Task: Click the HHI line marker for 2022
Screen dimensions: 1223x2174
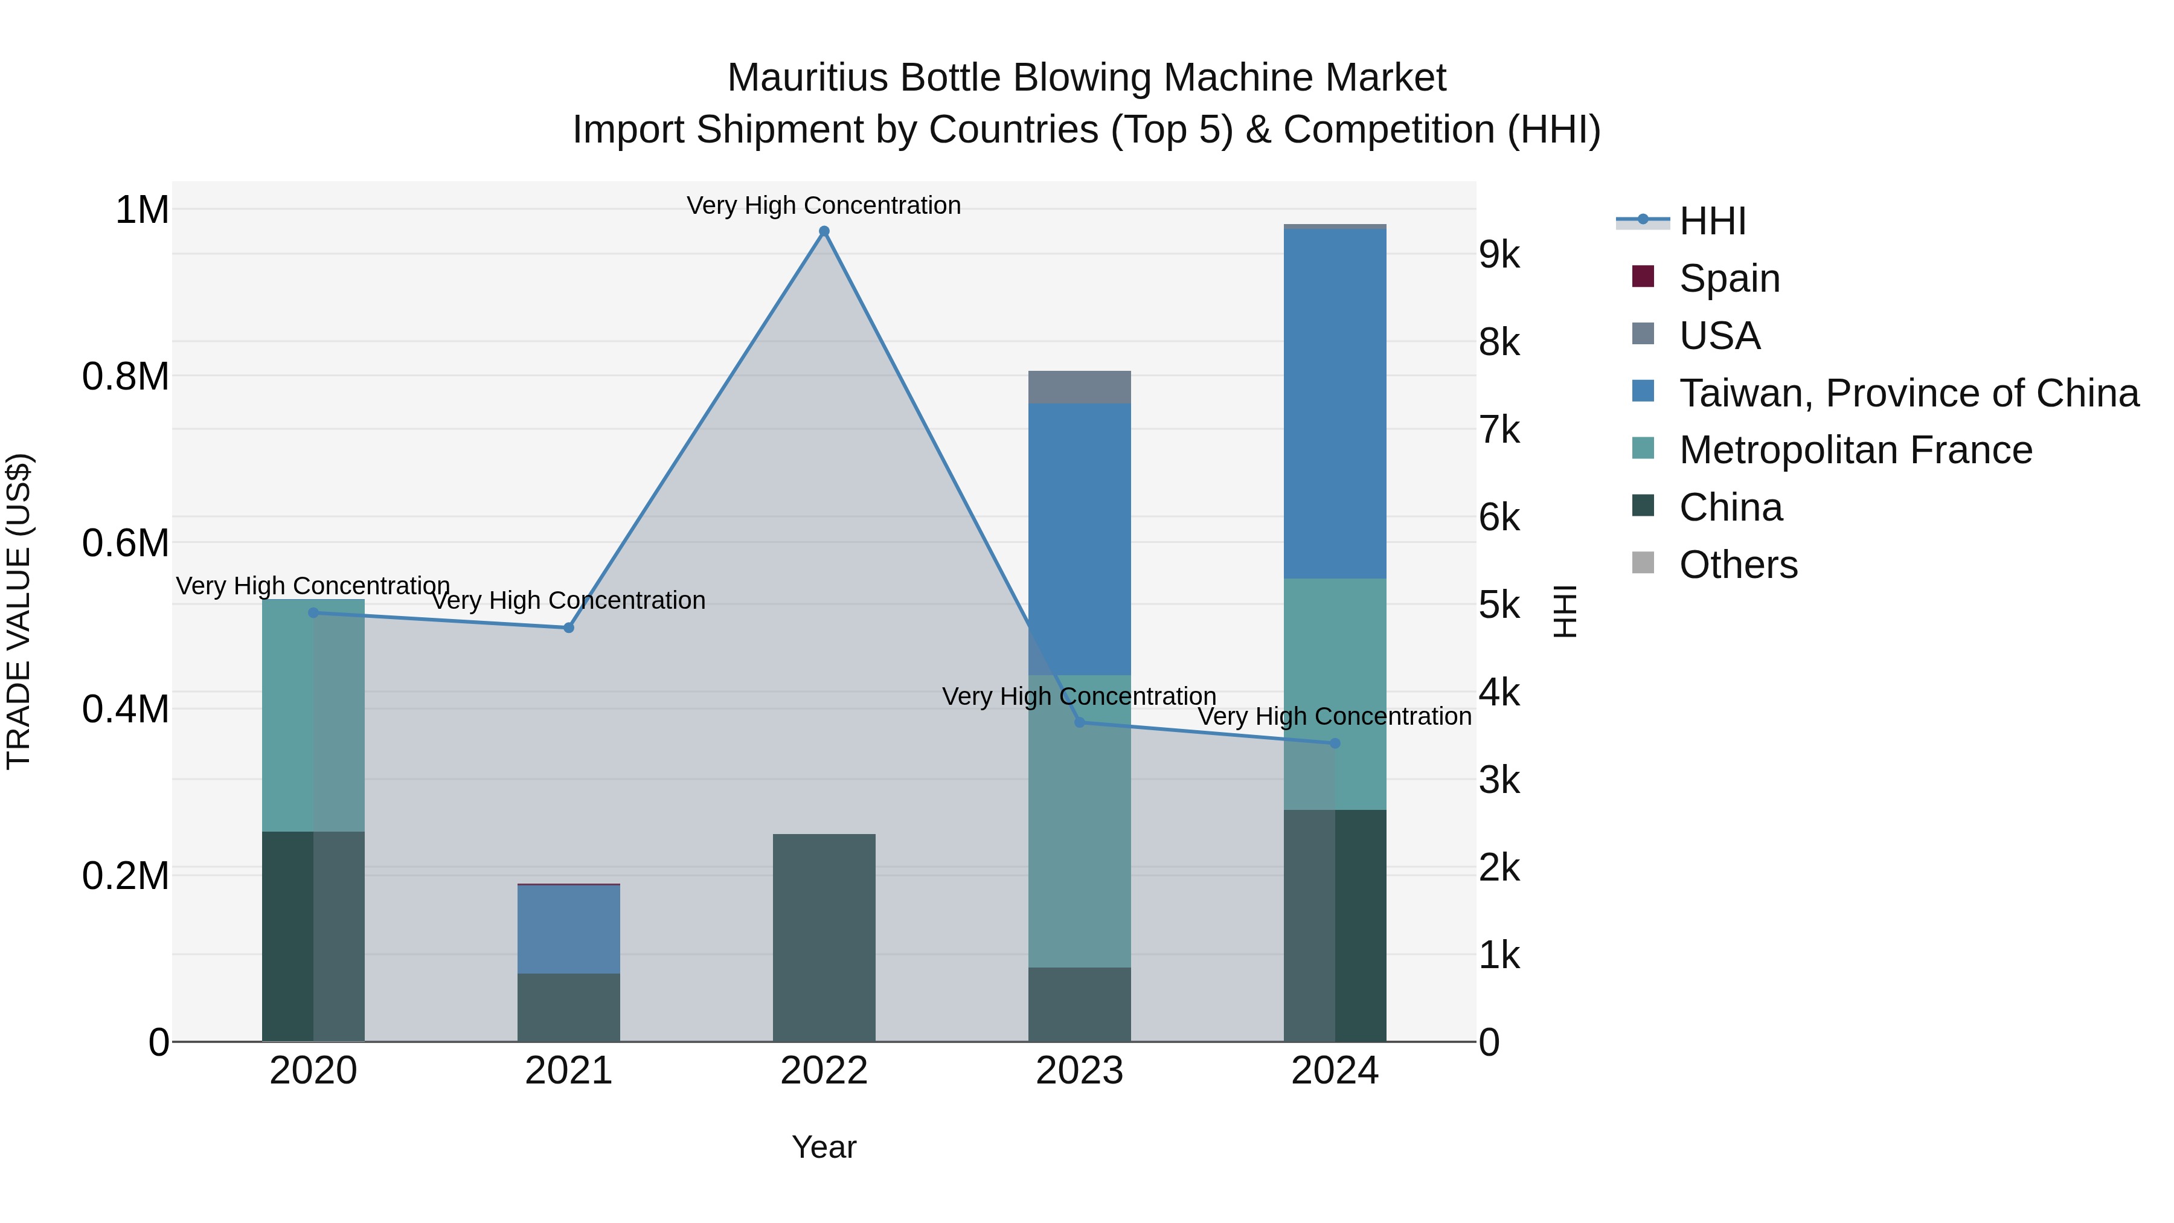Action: click(824, 231)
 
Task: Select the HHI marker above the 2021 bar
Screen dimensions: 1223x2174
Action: click(568, 628)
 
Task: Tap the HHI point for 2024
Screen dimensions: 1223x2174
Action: click(1334, 743)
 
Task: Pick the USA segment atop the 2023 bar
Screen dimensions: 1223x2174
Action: click(1079, 387)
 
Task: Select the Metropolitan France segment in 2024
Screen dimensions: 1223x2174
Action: click(1334, 694)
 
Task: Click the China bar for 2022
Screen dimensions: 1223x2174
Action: click(824, 937)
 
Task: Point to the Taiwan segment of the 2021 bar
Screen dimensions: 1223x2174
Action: click(568, 928)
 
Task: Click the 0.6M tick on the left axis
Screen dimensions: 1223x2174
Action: click(126, 543)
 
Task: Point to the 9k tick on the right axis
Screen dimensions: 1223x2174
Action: click(1499, 255)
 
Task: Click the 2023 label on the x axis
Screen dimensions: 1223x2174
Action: click(1079, 1071)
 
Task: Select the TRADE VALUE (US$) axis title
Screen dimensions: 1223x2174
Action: click(19, 611)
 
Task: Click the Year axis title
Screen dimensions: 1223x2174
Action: click(824, 1147)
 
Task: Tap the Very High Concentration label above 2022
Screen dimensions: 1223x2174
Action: click(824, 205)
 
